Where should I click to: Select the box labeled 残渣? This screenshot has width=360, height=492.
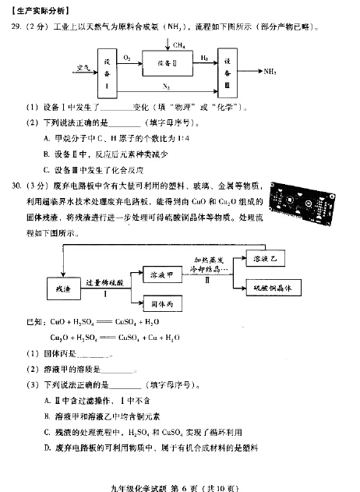(63, 286)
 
